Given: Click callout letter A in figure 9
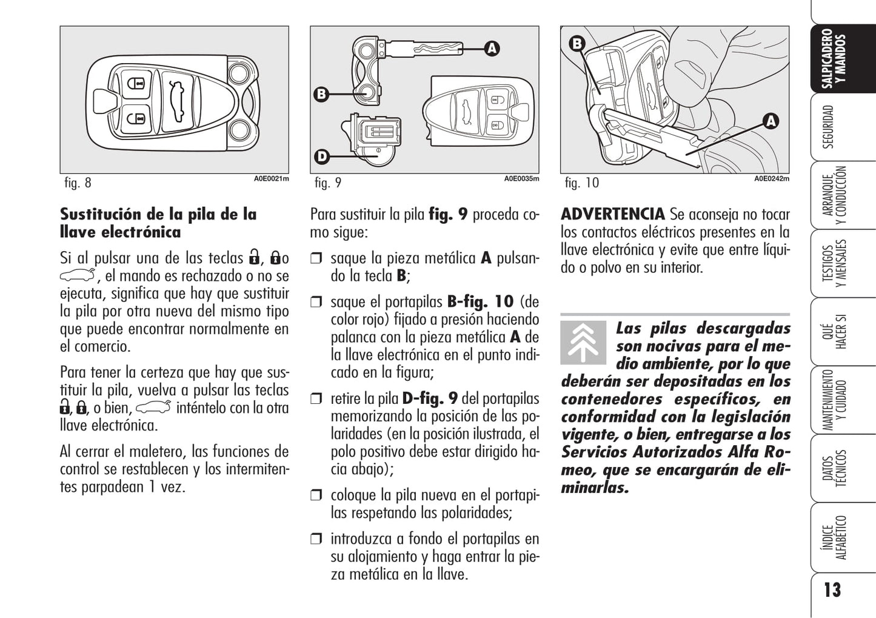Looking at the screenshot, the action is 492,49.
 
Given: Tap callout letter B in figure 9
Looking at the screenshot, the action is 321,94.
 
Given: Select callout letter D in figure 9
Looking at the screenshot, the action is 322,157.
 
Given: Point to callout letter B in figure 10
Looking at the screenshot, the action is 577,44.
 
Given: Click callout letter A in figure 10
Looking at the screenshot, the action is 771,121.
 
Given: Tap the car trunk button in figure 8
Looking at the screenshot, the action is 178,101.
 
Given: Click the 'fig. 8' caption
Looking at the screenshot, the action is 78,183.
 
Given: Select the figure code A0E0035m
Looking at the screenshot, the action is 521,179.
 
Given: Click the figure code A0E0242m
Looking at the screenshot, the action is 772,179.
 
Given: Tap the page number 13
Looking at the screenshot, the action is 832,590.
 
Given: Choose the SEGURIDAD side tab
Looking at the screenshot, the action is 828,127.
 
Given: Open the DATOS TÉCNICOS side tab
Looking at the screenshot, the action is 834,468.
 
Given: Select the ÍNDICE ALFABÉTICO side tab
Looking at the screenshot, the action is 834,537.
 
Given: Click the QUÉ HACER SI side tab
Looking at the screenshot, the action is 834,331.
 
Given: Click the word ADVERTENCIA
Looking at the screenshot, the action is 613,214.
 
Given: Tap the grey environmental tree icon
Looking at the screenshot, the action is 583,343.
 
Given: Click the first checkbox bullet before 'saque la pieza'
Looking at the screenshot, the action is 316,258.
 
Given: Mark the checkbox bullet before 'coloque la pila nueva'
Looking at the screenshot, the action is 316,495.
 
